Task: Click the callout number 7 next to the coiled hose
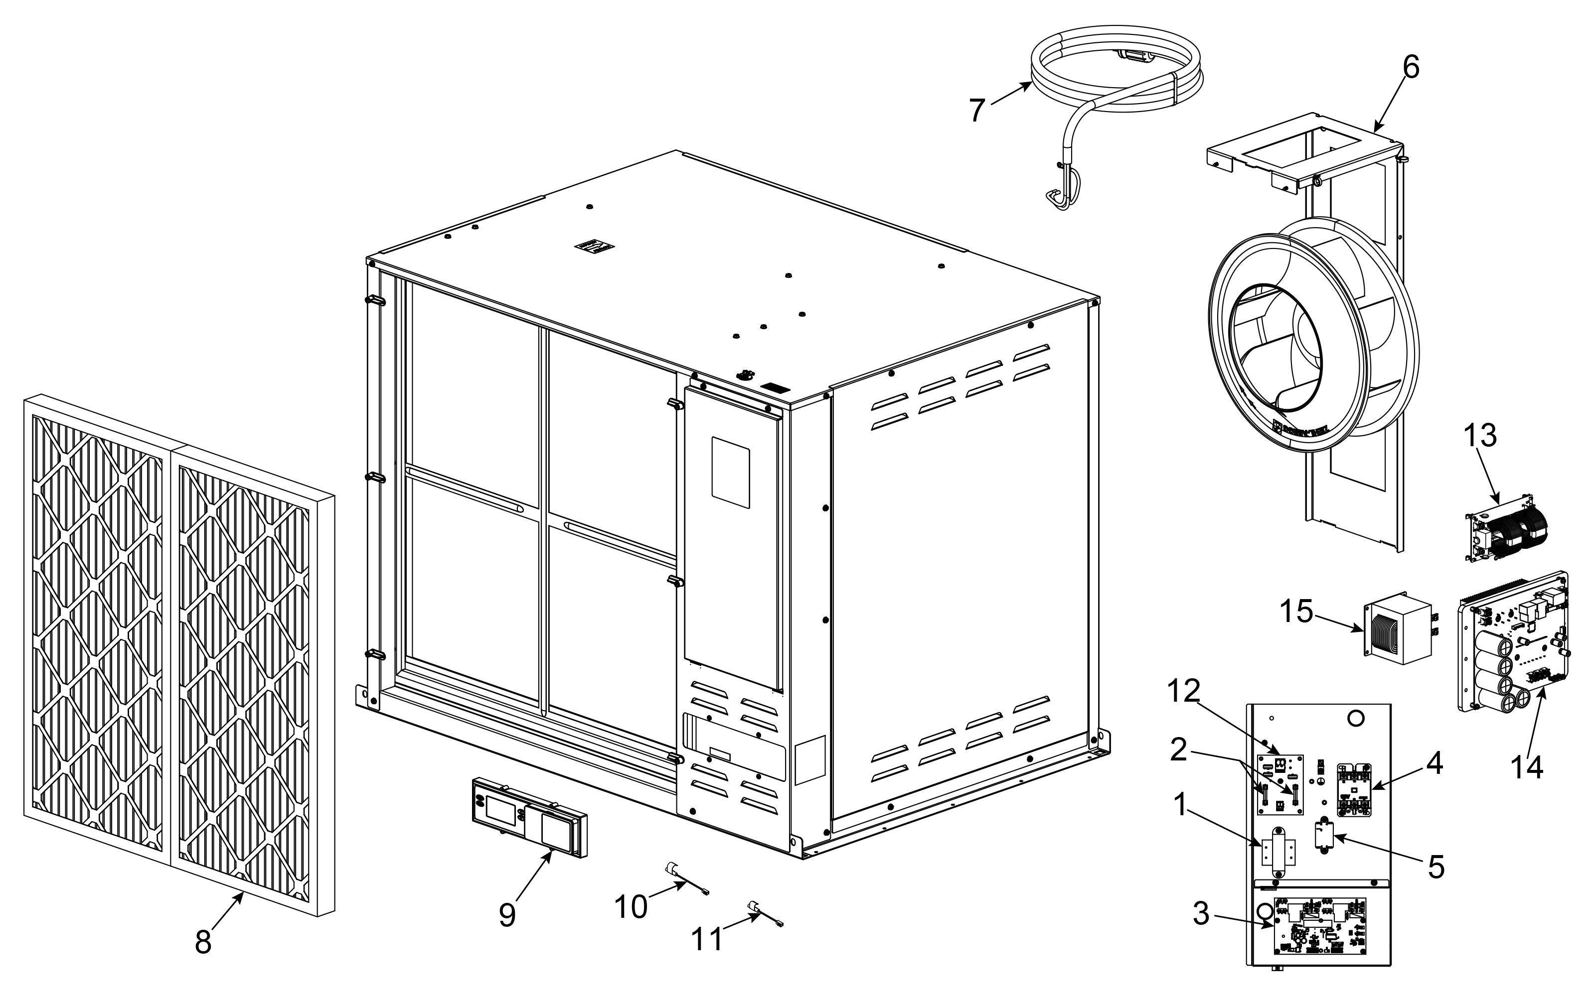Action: tap(977, 110)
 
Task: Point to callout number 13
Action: tap(1480, 436)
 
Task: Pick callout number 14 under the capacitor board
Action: tap(1526, 767)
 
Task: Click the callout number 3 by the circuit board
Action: tap(1201, 914)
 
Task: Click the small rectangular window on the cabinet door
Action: tap(730, 472)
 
